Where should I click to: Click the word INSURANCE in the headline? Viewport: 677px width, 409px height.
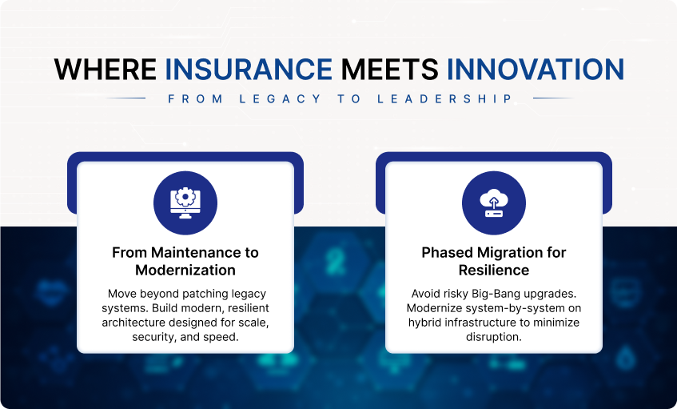tap(249, 69)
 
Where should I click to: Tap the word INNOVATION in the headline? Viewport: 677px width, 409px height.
tap(536, 69)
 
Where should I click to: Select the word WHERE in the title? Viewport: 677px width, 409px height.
tap(106, 69)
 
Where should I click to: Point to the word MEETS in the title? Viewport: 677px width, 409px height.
tap(389, 69)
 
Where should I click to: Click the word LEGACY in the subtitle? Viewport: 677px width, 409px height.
tap(281, 99)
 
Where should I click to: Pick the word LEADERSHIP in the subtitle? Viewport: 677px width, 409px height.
tap(444, 99)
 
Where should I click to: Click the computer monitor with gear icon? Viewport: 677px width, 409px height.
tap(185, 202)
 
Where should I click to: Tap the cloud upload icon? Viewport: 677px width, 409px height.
tap(494, 203)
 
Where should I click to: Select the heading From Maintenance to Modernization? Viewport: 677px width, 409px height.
tap(185, 261)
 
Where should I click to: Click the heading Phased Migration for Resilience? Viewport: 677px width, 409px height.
tap(494, 261)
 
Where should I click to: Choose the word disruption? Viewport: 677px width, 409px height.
tap(493, 337)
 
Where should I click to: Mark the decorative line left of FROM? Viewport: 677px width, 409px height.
tap(125, 98)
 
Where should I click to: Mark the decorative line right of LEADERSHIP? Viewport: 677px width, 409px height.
tap(554, 98)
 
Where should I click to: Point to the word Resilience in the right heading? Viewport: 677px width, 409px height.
tap(494, 271)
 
